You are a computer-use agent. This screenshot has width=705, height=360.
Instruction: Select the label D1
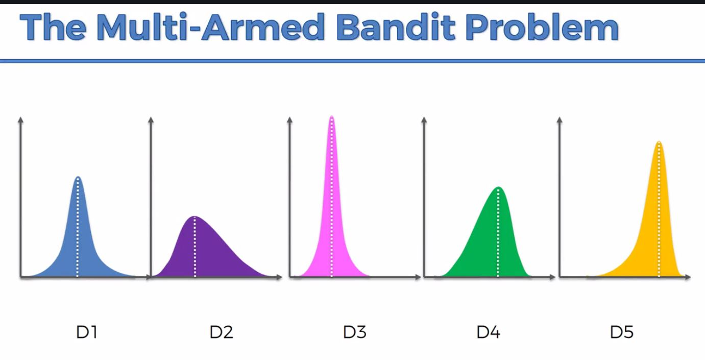pyautogui.click(x=87, y=332)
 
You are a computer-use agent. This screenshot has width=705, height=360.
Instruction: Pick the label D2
pyautogui.click(x=221, y=332)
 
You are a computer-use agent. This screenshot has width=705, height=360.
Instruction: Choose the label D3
pyautogui.click(x=355, y=332)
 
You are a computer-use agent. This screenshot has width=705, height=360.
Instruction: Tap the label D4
pyautogui.click(x=488, y=332)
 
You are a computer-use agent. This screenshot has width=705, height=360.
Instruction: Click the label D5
pyautogui.click(x=622, y=332)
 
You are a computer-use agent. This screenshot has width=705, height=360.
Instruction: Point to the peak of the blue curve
pyautogui.click(x=78, y=177)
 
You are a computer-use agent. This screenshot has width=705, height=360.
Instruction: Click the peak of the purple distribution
pyautogui.click(x=195, y=217)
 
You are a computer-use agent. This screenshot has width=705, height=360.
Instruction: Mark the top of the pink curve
pyautogui.click(x=332, y=116)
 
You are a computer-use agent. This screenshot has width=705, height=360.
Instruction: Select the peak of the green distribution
pyautogui.click(x=498, y=187)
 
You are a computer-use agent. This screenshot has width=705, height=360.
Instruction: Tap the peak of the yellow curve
pyautogui.click(x=659, y=141)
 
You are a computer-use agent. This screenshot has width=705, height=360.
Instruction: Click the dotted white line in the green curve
pyautogui.click(x=498, y=232)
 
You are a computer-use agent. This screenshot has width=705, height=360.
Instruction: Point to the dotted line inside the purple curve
pyautogui.click(x=195, y=247)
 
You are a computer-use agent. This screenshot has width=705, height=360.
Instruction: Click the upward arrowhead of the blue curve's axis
pyautogui.click(x=21, y=119)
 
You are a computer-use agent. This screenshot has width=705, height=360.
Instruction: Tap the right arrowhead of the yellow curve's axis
pyautogui.click(x=688, y=277)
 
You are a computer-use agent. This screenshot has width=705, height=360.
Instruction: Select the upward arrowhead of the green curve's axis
pyautogui.click(x=424, y=119)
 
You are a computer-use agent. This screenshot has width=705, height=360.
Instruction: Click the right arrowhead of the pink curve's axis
pyautogui.click(x=418, y=277)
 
